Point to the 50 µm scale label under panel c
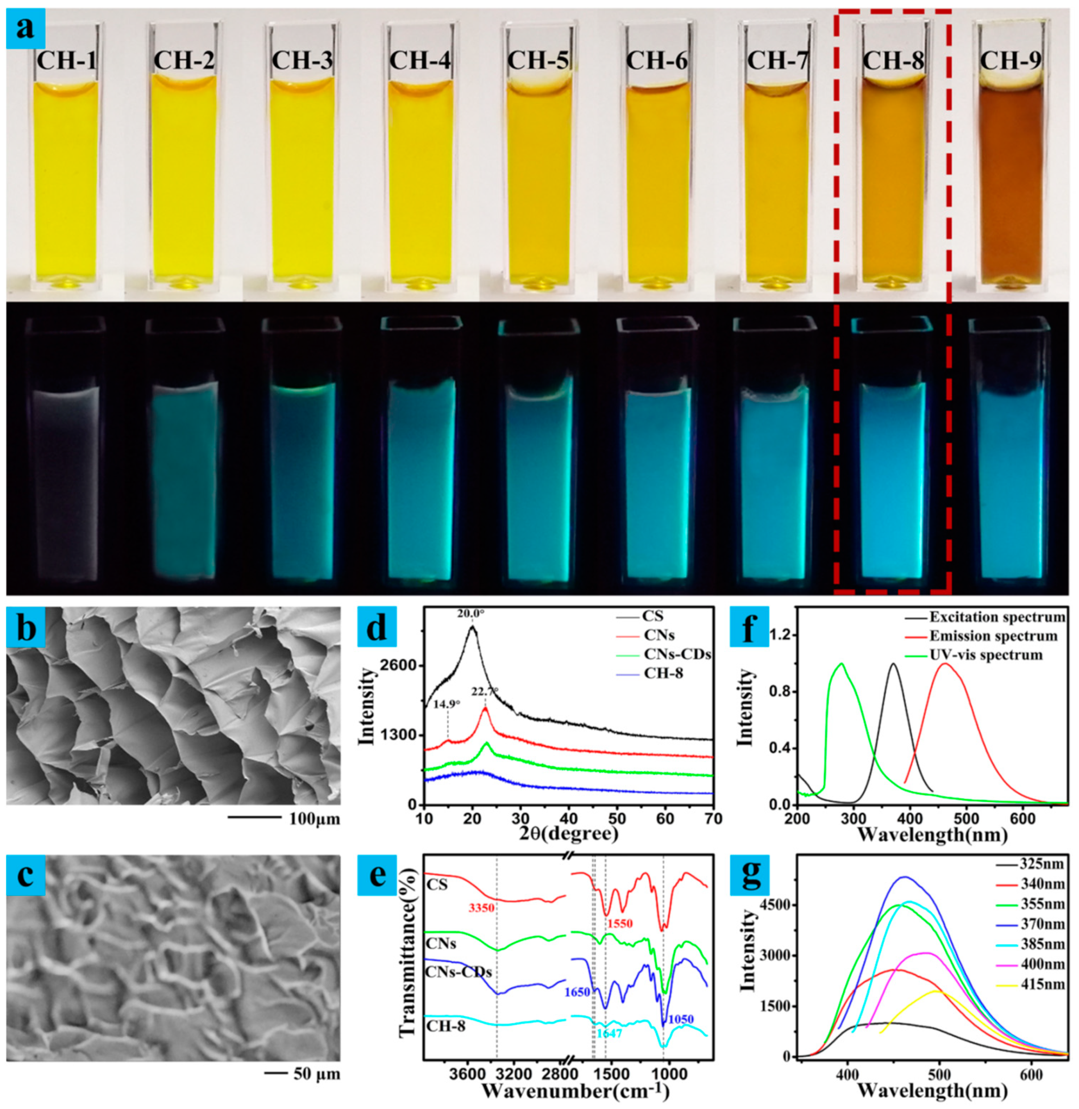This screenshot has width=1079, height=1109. pyautogui.click(x=317, y=1073)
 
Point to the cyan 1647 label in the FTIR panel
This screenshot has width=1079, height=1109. pyautogui.click(x=609, y=1034)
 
